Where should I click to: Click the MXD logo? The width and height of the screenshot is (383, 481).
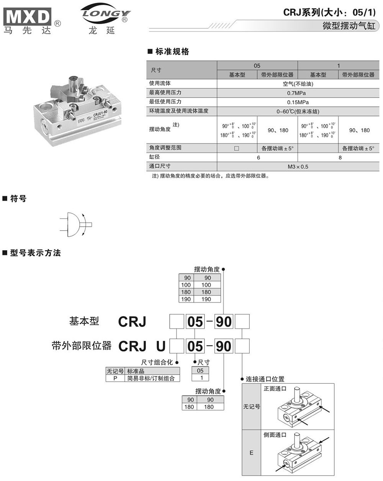[x=28, y=17]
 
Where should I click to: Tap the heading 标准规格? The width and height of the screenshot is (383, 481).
[x=172, y=52]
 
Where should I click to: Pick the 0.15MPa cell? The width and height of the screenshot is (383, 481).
[x=298, y=102]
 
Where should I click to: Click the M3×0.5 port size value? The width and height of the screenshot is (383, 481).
[x=298, y=167]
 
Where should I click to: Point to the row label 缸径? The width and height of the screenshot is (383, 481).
[x=155, y=157]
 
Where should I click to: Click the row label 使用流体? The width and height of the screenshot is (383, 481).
[x=160, y=83]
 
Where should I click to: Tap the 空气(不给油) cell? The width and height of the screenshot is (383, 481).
[x=298, y=83]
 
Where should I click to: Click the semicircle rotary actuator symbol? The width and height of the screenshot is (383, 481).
[x=75, y=224]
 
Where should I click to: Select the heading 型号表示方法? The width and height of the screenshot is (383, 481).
[x=35, y=253]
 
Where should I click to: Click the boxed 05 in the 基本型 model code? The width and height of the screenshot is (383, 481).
[x=195, y=322]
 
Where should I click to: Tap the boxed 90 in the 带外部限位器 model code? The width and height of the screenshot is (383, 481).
[x=223, y=346]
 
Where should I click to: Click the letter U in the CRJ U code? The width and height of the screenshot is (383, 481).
[x=161, y=346]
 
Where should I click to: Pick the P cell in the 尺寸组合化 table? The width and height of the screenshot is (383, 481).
[x=115, y=378]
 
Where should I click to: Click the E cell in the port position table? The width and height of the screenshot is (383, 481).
[x=251, y=453]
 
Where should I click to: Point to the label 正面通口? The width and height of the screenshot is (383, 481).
[x=275, y=388]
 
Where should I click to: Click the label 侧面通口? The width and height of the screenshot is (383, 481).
[x=275, y=435]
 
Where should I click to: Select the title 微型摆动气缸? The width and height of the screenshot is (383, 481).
[x=349, y=26]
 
